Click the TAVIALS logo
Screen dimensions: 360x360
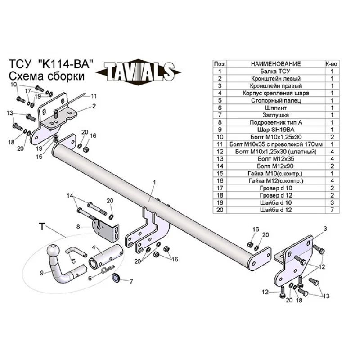point(138,72)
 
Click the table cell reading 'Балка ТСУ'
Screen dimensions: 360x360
point(275,71)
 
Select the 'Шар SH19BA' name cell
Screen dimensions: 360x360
point(275,130)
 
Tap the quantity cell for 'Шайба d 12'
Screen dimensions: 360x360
point(332,210)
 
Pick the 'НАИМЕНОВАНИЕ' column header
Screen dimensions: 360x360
point(275,64)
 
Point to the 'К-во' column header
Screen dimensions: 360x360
point(332,64)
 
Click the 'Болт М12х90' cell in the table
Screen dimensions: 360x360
point(275,166)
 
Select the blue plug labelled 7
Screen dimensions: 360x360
point(116,278)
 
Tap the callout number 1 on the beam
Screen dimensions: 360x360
point(154,183)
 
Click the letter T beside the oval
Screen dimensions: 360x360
point(42,227)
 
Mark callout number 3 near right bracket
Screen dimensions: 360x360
point(325,229)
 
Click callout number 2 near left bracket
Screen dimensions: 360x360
point(94,106)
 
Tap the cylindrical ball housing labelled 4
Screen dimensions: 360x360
point(106,256)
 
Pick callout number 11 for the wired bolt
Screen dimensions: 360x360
point(94,96)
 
